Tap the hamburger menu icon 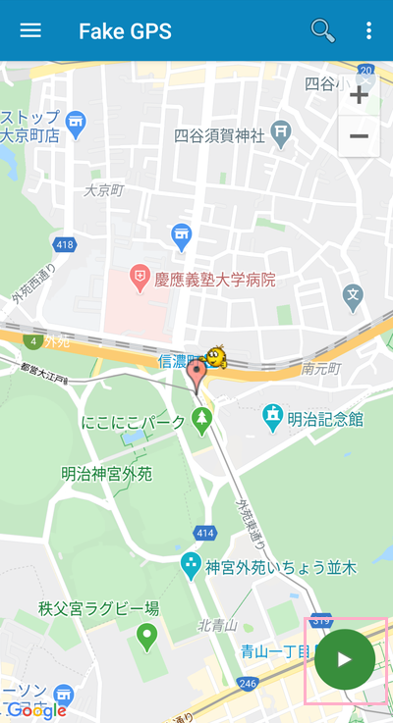30,30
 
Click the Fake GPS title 125,31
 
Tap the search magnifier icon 322,30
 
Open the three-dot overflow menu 369,30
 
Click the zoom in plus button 359,95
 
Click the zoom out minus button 359,136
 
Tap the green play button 344,659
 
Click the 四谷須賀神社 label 219,135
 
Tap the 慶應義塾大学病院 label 214,280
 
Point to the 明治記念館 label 324,419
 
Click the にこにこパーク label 134,423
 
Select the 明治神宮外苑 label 107,474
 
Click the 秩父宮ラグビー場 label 98,608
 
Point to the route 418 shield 65,243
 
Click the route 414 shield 204,533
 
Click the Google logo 36,710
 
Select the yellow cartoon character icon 216,356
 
